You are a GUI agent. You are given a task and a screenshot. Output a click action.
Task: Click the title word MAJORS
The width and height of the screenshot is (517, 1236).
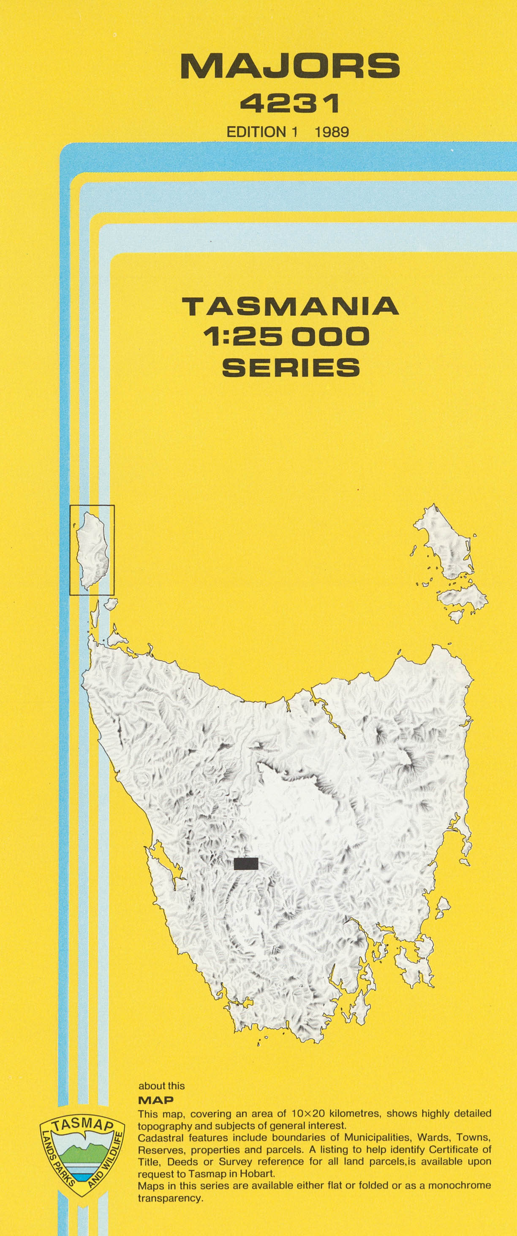tap(290, 67)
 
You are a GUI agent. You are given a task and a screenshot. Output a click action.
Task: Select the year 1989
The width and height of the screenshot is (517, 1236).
tap(331, 132)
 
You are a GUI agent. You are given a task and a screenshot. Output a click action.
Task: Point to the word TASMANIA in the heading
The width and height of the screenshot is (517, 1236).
tap(290, 306)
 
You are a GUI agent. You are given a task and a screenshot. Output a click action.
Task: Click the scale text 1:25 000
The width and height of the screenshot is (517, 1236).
tap(286, 337)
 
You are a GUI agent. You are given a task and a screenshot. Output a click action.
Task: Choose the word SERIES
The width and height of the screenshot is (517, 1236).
tap(291, 368)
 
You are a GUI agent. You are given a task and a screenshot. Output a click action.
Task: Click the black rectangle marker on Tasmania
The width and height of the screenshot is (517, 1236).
tap(246, 864)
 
